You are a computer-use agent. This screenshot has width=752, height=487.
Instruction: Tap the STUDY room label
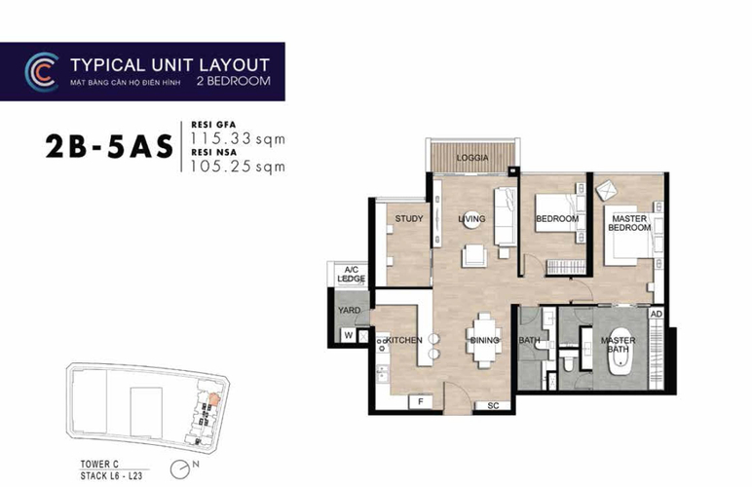click(x=408, y=219)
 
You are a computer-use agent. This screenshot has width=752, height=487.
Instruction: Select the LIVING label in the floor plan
click(x=471, y=219)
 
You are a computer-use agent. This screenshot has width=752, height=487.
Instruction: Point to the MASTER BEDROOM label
click(x=627, y=223)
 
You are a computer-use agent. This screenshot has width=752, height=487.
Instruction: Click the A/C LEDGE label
click(x=350, y=275)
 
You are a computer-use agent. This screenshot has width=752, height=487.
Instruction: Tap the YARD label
click(x=349, y=311)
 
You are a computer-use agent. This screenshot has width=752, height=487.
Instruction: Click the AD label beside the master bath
click(x=657, y=315)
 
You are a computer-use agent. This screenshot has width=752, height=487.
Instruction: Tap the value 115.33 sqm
click(x=236, y=138)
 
